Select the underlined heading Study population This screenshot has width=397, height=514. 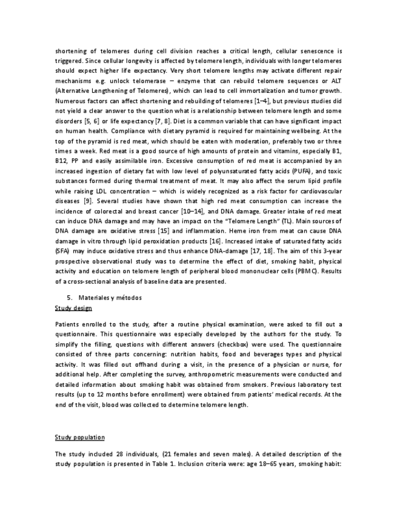pos(79,437)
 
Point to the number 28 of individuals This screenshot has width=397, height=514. pos(117,453)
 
